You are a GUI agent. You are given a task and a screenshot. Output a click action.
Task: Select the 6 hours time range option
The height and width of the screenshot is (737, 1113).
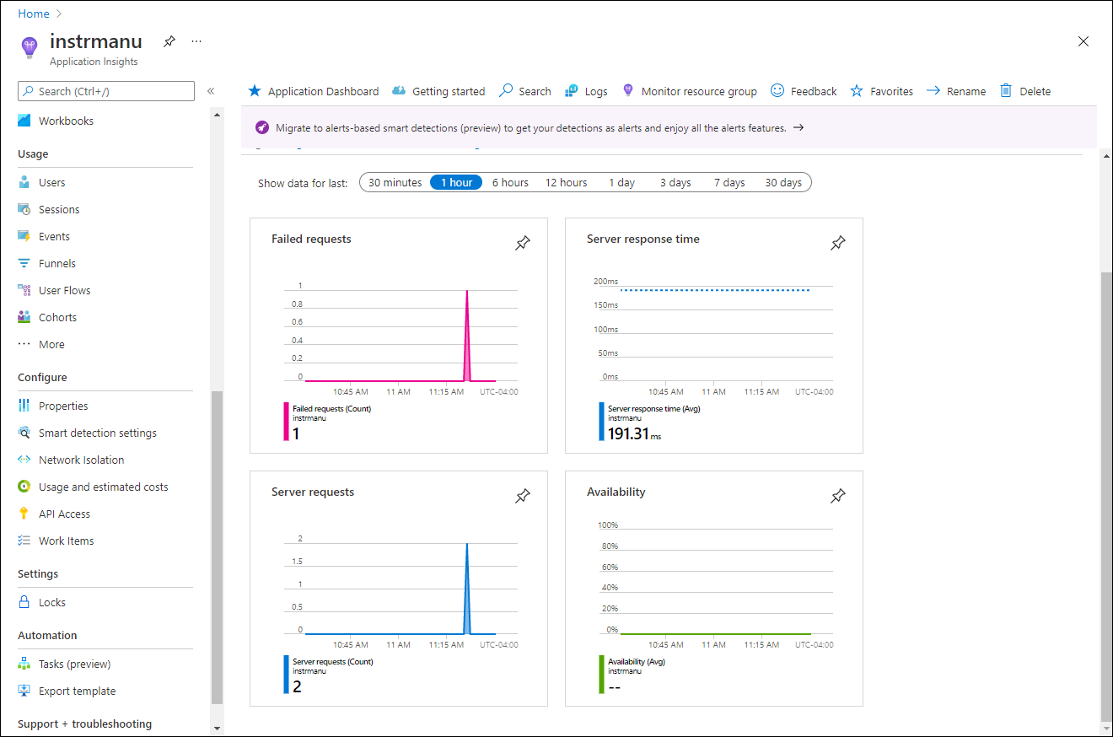pos(510,182)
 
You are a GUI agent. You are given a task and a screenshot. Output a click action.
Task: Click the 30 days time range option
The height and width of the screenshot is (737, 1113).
pos(782,182)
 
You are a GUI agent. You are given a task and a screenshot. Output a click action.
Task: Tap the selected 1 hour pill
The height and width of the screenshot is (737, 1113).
pos(456,182)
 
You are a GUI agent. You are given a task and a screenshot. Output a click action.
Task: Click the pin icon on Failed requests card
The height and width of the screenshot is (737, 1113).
pos(523,243)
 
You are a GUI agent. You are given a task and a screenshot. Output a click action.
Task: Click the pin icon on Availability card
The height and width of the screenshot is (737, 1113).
pos(837,496)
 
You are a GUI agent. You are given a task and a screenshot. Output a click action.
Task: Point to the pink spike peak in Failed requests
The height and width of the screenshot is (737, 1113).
pos(467,291)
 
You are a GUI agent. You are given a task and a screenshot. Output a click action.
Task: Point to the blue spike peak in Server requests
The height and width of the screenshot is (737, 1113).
pos(467,544)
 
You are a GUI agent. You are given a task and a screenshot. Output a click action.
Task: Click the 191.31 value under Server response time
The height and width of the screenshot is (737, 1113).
pos(628,433)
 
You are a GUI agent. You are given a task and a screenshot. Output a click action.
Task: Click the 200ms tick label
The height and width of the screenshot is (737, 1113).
pos(605,282)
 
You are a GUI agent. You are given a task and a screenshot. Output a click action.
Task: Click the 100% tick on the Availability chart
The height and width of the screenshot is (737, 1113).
pos(607,525)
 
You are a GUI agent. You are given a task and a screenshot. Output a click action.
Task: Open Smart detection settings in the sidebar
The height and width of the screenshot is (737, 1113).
pos(97,433)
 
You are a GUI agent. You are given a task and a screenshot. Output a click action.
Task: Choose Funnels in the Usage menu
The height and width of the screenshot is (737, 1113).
pos(56,263)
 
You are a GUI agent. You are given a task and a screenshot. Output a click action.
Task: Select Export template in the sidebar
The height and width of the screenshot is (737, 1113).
pos(77,691)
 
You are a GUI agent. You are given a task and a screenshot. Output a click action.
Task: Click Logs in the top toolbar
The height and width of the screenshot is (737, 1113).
pos(595,91)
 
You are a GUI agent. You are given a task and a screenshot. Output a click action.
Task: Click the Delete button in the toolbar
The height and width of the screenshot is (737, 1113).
pos(1035,91)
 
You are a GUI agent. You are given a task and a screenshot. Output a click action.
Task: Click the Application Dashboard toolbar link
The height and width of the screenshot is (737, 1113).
pos(323,91)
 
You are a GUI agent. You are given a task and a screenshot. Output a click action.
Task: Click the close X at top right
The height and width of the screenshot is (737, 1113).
pos(1083,41)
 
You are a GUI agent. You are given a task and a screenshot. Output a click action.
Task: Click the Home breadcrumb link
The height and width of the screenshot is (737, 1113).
pos(33,13)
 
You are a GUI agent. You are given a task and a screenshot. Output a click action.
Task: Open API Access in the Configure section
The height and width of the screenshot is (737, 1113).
pos(64,514)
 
